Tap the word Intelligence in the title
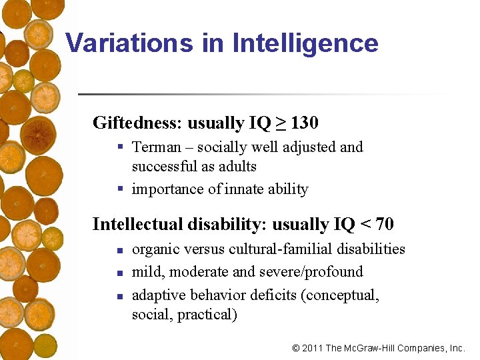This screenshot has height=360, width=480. pos(305,43)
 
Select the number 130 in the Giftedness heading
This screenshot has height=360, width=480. pos(305,123)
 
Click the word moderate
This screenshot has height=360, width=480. pos(187,272)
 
